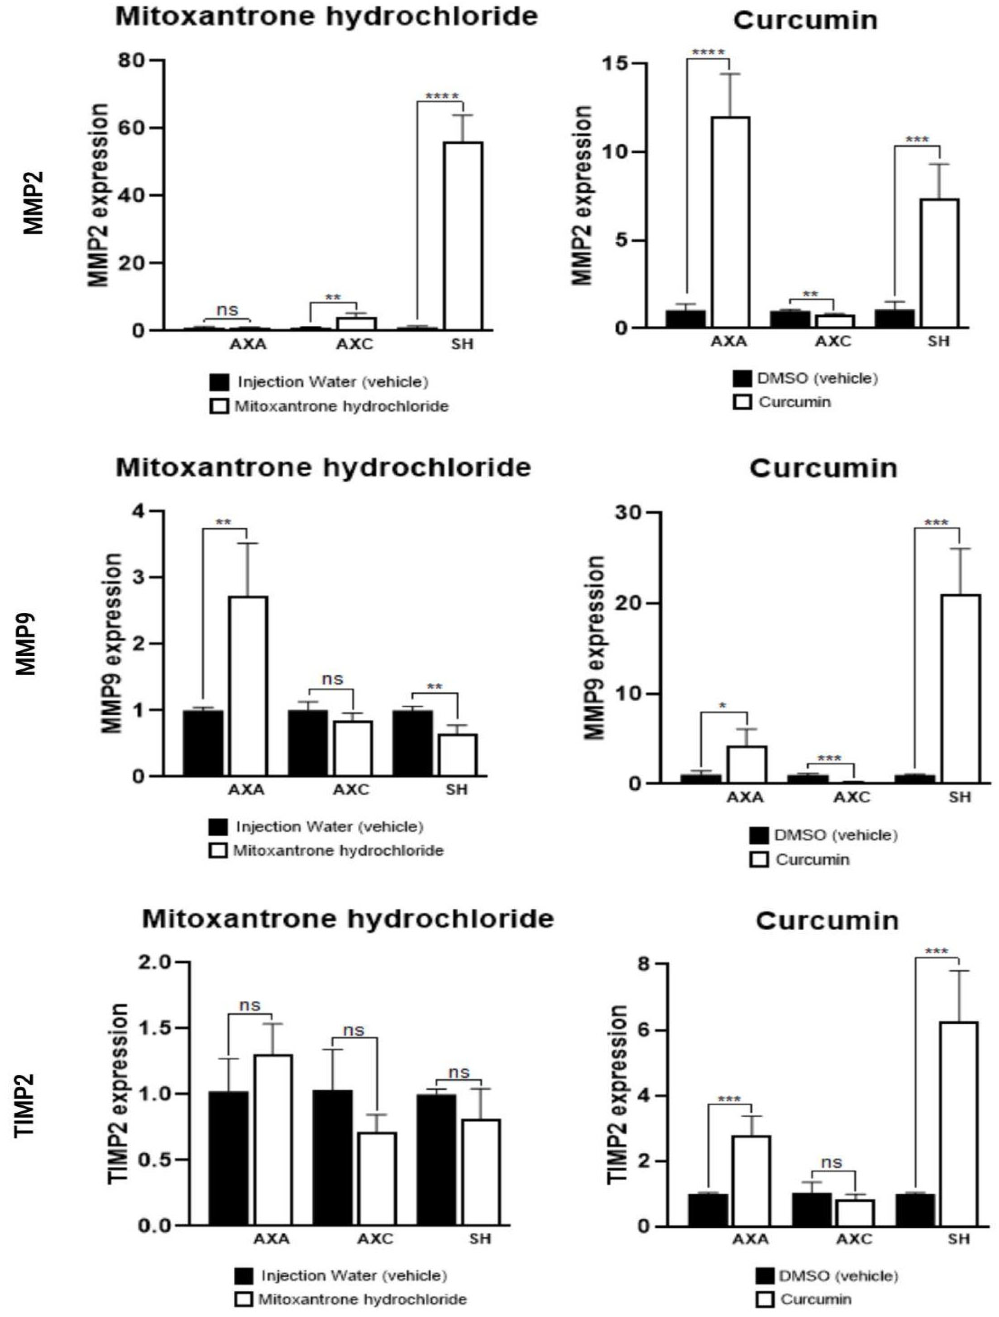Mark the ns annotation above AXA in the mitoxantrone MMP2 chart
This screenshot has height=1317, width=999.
(x=227, y=310)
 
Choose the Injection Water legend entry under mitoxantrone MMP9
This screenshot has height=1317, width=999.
(x=329, y=827)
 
